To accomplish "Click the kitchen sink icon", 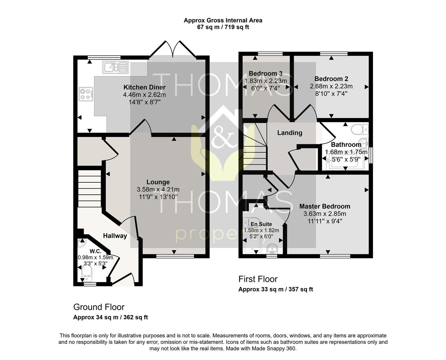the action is pyautogui.click(x=115, y=67).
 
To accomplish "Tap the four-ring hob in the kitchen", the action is pyautogui.click(x=86, y=94).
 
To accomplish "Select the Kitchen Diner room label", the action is pyautogui.click(x=144, y=87).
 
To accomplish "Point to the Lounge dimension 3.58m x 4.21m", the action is pyautogui.click(x=158, y=190).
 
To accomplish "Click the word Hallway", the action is pyautogui.click(x=115, y=236).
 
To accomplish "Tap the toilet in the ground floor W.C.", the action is pyautogui.click(x=86, y=273).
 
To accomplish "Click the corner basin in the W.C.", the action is pyautogui.click(x=82, y=243).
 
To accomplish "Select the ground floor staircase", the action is pyautogui.click(x=89, y=188).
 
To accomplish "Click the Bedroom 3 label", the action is pyautogui.click(x=266, y=73).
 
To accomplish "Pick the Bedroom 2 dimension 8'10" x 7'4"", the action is pyautogui.click(x=331, y=94).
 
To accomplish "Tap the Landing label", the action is pyautogui.click(x=290, y=133).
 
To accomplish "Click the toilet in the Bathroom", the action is pyautogui.click(x=360, y=129).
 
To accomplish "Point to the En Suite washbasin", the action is pyautogui.click(x=272, y=249).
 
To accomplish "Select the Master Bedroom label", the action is pyautogui.click(x=325, y=206).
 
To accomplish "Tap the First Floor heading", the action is pyautogui.click(x=258, y=279).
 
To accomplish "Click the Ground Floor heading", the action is pyautogui.click(x=99, y=307).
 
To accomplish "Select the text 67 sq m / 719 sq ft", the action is pyautogui.click(x=223, y=27).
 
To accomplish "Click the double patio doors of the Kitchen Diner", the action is pyautogui.click(x=173, y=49).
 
